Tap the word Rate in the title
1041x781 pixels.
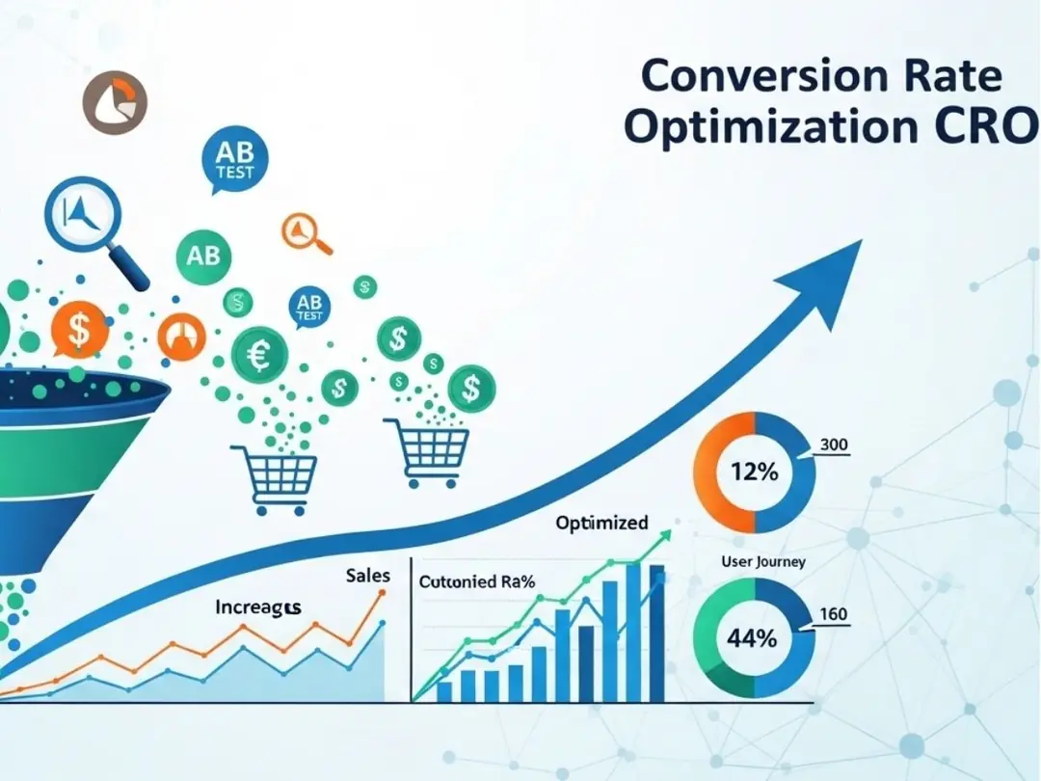(x=948, y=76)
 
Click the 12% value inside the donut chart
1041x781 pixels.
(x=755, y=473)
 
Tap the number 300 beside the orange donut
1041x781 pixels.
(x=834, y=445)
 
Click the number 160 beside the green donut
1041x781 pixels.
(x=832, y=613)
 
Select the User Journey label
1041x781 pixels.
(x=763, y=561)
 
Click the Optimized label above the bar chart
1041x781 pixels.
(x=601, y=524)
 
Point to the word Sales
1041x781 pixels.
(x=367, y=576)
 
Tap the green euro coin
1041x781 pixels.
(x=259, y=355)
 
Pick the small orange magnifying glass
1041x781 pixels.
(x=305, y=233)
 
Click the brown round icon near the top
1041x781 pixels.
(x=115, y=102)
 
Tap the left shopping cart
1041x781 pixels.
(x=274, y=477)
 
